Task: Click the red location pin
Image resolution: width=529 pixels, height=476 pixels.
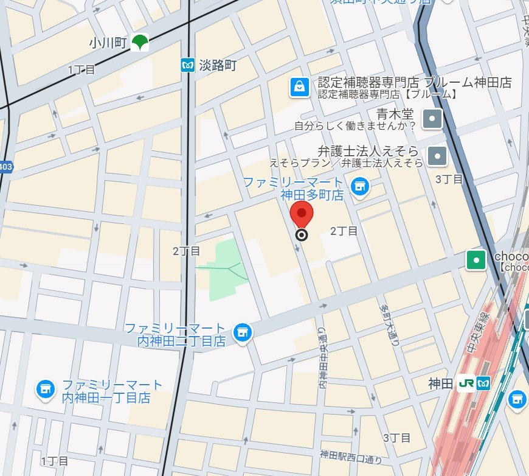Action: pyautogui.click(x=302, y=214)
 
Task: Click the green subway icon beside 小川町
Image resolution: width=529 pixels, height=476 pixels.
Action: pyautogui.click(x=140, y=43)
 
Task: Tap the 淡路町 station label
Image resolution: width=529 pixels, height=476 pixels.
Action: pyautogui.click(x=217, y=65)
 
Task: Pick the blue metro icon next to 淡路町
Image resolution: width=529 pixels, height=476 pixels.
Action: pyautogui.click(x=187, y=65)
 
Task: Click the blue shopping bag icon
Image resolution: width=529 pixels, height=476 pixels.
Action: pyautogui.click(x=299, y=87)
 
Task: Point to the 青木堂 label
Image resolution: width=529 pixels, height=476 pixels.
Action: pyautogui.click(x=395, y=114)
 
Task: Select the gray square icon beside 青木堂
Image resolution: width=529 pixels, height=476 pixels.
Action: pyautogui.click(x=432, y=119)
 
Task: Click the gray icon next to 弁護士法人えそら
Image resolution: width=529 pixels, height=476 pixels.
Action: pyautogui.click(x=437, y=156)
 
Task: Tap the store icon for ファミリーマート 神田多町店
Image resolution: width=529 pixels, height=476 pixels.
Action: pyautogui.click(x=360, y=186)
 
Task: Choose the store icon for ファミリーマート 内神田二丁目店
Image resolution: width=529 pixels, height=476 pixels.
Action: pyautogui.click(x=243, y=332)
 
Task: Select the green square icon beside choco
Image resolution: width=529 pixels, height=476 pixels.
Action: pyautogui.click(x=475, y=261)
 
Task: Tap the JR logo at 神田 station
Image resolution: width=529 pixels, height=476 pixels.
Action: pyautogui.click(x=467, y=383)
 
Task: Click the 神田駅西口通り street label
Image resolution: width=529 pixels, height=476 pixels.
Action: pyautogui.click(x=351, y=455)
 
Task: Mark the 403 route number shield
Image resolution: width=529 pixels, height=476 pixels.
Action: pyautogui.click(x=5, y=167)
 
